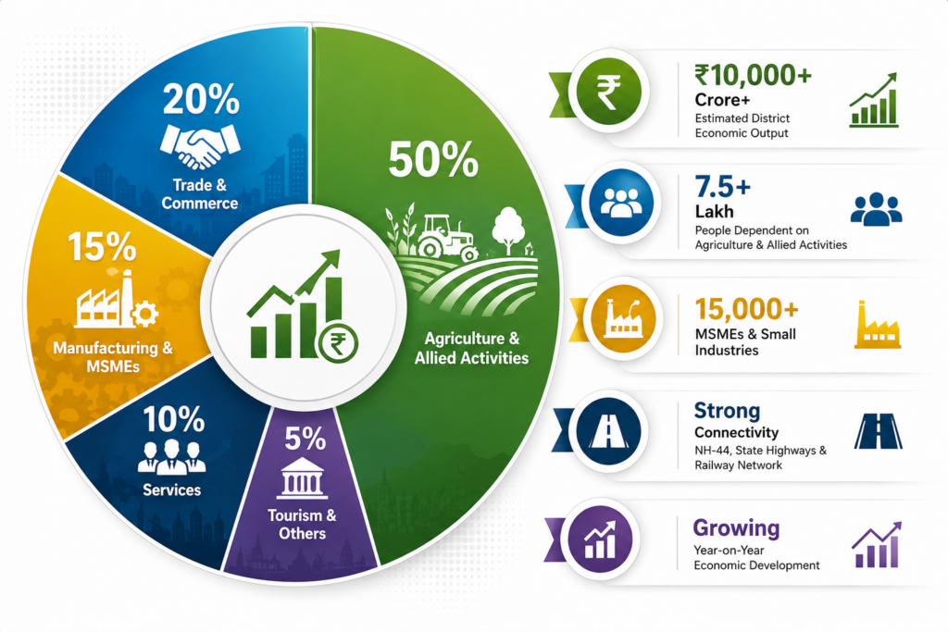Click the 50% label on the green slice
click(x=433, y=159)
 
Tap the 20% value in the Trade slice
click(x=201, y=99)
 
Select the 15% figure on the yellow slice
click(x=102, y=246)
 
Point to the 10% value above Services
click(x=173, y=419)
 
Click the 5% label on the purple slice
click(x=306, y=439)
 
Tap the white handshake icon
click(x=200, y=146)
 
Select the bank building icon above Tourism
click(x=302, y=477)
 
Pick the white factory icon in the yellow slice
click(x=117, y=301)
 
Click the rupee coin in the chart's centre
click(x=339, y=344)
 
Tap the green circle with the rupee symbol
click(x=609, y=92)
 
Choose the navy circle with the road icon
click(x=608, y=431)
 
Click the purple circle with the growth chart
click(x=600, y=539)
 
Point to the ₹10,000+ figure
click(x=754, y=75)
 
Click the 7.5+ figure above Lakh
click(x=723, y=187)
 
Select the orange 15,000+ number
click(x=747, y=309)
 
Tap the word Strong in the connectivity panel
click(x=727, y=411)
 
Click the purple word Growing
click(x=736, y=528)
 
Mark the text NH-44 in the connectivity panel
click(x=713, y=450)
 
